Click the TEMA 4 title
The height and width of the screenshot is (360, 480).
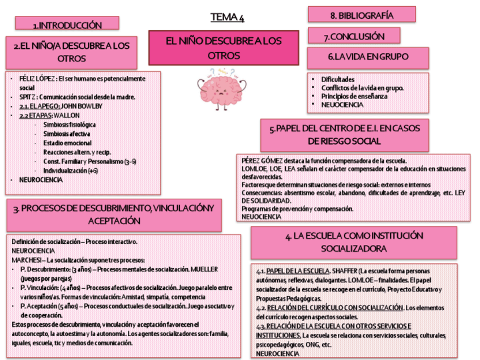tap(227, 18)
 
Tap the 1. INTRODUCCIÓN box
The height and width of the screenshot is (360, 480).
tap(67, 24)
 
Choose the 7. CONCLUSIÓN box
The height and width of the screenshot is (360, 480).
tap(354, 37)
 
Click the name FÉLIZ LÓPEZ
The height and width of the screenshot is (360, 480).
tap(36, 79)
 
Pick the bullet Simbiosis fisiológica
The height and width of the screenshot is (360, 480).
tap(69, 124)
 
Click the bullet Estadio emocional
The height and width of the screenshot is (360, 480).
tap(67, 143)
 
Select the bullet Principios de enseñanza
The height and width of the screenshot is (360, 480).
tap(354, 96)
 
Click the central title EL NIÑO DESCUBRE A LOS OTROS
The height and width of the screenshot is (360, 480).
tap(223, 48)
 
